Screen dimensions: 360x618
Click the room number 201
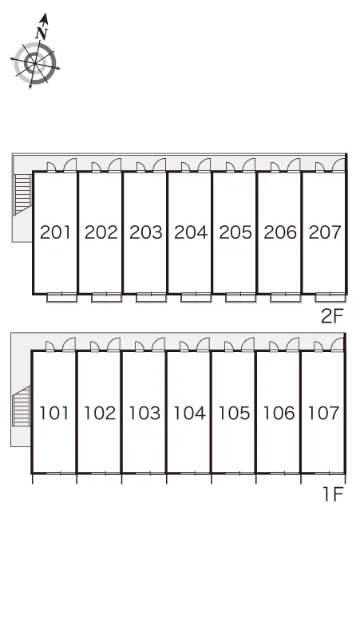[x=56, y=232]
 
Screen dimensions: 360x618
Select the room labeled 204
[x=191, y=232]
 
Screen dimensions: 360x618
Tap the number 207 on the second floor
[x=325, y=232]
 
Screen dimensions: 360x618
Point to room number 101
[x=54, y=413]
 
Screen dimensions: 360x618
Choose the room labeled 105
[x=235, y=413]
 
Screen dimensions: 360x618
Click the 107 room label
[x=323, y=413]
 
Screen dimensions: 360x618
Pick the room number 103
[x=144, y=413]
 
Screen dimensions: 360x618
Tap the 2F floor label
[x=332, y=315]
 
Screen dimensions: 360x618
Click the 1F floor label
[x=334, y=494]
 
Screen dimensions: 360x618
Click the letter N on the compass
[x=42, y=34]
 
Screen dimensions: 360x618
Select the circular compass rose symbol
[x=35, y=63]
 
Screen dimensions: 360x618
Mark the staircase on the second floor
[x=23, y=194]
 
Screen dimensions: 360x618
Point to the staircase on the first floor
[x=22, y=406]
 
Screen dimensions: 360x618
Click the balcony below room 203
[x=151, y=298]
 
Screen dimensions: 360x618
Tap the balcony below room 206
[x=285, y=298]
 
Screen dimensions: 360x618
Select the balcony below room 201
[x=61, y=298]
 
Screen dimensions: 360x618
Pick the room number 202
[x=101, y=232]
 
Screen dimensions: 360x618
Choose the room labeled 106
[x=279, y=413]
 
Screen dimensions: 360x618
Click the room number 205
[x=235, y=232]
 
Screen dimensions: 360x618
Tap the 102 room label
[x=100, y=413]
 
